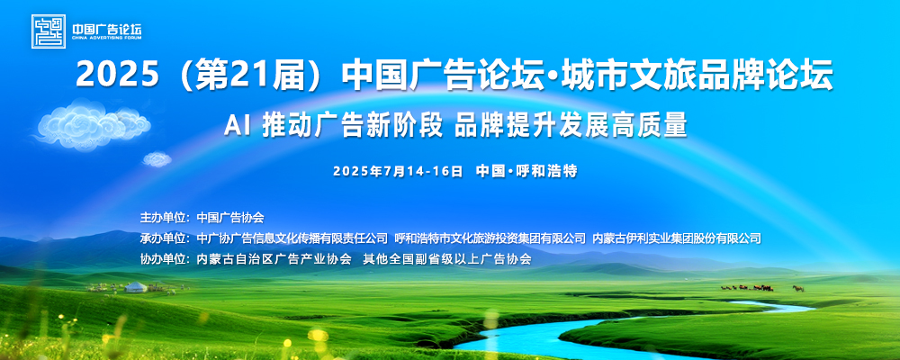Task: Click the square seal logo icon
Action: [49, 31]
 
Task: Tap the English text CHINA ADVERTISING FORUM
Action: [106, 38]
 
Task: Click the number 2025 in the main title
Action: [116, 75]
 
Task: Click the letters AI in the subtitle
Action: [237, 125]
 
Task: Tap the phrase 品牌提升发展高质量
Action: [571, 124]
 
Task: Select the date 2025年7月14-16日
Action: [398, 171]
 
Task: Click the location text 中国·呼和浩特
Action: [526, 171]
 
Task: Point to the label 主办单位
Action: [162, 218]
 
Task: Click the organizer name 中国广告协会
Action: [230, 218]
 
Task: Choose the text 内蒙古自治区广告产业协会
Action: [274, 259]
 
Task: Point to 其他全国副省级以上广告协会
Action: [447, 259]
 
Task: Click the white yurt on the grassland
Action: [136, 286]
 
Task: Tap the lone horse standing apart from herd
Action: [797, 288]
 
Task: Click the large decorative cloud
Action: [93, 124]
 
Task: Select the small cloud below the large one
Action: [157, 159]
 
